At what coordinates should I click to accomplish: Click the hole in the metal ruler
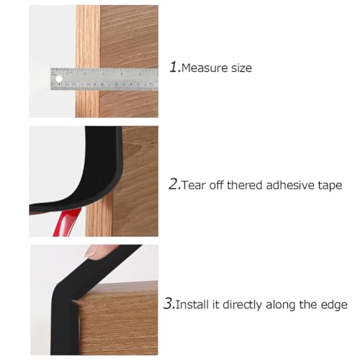point(59,78)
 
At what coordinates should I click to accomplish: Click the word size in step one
point(241,68)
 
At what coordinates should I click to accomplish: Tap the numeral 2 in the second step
point(174,184)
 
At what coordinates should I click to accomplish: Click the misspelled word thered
point(245,185)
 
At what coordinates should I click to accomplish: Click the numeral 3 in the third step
point(169,303)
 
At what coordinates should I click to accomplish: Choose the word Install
point(192,305)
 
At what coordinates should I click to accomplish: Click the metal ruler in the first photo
point(104,79)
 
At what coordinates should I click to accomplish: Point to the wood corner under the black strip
point(74,301)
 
